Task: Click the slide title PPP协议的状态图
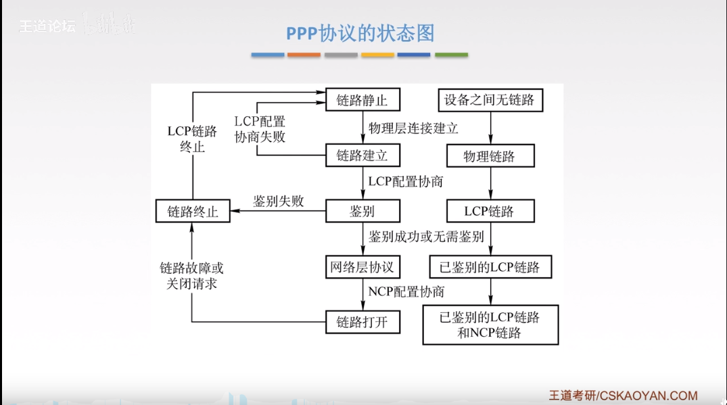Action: [x=360, y=33]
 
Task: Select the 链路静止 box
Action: [x=362, y=100]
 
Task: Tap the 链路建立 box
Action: [x=362, y=156]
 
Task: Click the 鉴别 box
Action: [x=362, y=211]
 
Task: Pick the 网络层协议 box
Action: [x=362, y=266]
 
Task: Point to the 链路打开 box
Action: [x=362, y=321]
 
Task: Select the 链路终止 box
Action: [x=193, y=211]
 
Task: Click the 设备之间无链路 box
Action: [x=490, y=100]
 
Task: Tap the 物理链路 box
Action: [x=490, y=156]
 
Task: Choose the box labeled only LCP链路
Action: [x=490, y=211]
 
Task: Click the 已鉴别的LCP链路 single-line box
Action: [x=490, y=266]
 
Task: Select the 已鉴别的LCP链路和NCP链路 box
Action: [x=490, y=325]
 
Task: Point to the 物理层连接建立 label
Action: [x=413, y=128]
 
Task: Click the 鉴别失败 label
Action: [x=279, y=201]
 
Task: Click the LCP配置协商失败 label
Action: [x=260, y=129]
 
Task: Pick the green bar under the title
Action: [x=451, y=55]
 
